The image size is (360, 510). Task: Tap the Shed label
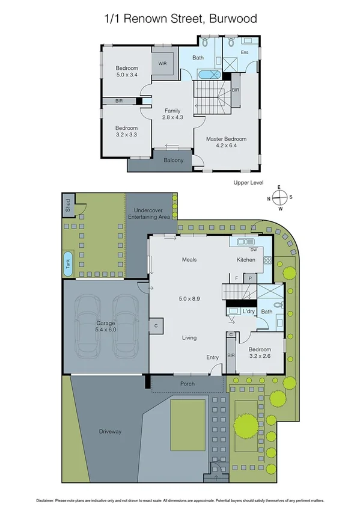tap(68, 206)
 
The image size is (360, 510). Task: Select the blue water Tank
tap(68, 264)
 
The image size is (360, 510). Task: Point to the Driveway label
tap(111, 431)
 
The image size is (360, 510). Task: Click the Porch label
tap(188, 383)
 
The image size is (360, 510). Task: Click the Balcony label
tap(173, 160)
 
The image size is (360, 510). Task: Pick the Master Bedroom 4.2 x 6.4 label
tap(226, 143)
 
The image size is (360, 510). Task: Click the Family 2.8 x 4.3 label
tap(172, 114)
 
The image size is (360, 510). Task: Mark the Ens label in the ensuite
tap(245, 52)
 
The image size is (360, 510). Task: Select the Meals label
tap(190, 260)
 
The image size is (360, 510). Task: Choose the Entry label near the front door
tap(213, 357)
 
